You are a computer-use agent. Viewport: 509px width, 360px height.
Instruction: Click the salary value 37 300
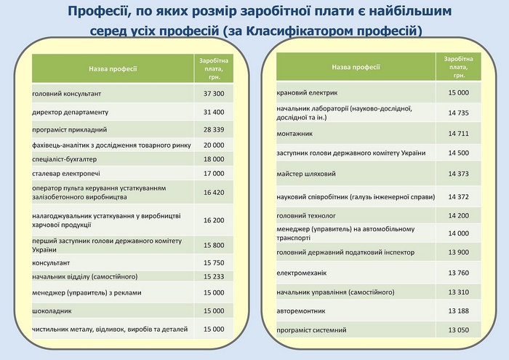[x=214, y=95]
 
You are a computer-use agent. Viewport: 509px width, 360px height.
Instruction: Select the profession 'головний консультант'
[x=67, y=95]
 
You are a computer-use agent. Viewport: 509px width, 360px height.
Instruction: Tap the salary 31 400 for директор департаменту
[x=214, y=112]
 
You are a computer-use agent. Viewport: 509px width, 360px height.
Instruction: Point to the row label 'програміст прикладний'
[x=70, y=129]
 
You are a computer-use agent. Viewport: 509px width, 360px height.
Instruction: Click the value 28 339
[x=214, y=129]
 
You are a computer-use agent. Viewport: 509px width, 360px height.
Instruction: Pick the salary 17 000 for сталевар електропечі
[x=214, y=173]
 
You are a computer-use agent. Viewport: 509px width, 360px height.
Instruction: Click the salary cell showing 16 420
[x=214, y=193]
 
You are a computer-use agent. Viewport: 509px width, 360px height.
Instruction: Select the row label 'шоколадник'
[x=51, y=311]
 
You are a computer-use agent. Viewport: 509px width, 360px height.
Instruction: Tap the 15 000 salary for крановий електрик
[x=458, y=93]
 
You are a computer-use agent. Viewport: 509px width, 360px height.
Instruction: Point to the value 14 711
[x=458, y=134]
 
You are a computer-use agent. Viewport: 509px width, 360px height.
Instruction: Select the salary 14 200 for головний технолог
[x=458, y=215]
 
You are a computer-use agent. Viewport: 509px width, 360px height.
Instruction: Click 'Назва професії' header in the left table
[x=113, y=69]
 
